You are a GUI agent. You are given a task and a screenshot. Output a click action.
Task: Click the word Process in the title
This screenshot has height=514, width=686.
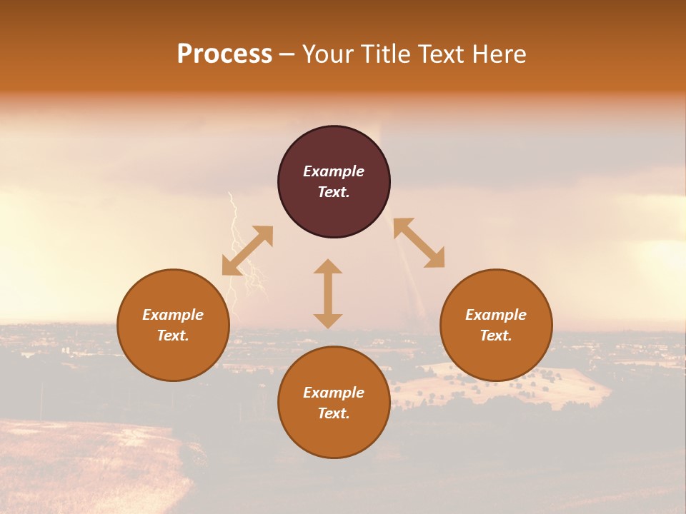(224, 54)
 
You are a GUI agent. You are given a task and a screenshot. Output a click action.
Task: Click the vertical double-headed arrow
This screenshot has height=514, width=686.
(328, 293)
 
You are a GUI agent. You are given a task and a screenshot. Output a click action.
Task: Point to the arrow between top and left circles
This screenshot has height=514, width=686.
(247, 251)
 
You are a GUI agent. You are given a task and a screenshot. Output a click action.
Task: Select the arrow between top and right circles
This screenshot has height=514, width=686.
(419, 243)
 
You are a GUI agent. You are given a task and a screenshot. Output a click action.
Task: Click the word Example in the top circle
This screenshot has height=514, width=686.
(334, 171)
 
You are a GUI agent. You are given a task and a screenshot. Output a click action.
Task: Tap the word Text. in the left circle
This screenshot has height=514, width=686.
(173, 336)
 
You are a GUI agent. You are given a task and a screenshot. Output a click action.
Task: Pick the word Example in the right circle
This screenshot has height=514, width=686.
(496, 315)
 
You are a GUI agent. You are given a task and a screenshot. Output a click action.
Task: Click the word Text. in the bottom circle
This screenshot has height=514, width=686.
(334, 413)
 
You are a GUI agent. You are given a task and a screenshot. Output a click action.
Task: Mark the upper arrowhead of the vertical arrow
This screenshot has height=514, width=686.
(328, 267)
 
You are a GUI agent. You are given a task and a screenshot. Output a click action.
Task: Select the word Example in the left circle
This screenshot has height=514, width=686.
(173, 315)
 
